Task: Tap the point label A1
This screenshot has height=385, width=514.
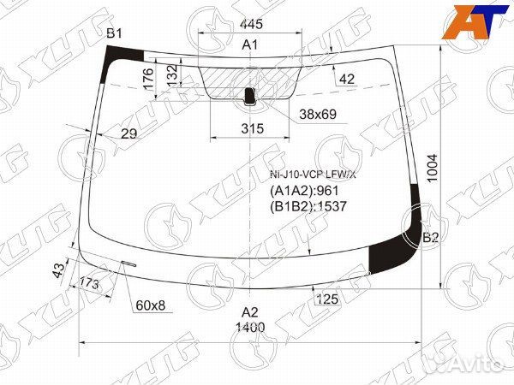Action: point(250,44)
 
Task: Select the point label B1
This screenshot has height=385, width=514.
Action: point(114,33)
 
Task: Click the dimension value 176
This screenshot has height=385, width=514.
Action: point(148,80)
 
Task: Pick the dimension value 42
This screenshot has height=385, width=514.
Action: point(346,80)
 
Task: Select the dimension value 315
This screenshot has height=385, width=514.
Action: point(251,128)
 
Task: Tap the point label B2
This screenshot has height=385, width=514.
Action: point(430,238)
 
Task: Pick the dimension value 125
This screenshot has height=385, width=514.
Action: point(326,299)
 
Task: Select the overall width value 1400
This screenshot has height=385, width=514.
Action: point(251,327)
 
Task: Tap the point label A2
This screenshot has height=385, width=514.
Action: point(250,311)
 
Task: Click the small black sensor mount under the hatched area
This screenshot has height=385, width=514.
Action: point(250,96)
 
